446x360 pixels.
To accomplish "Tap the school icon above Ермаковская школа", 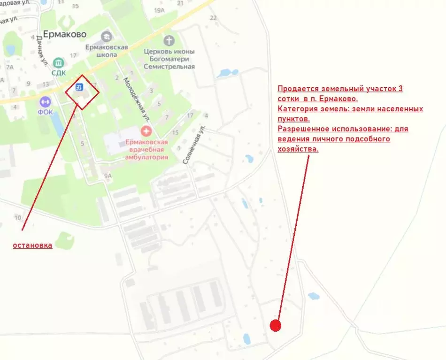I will (x=107, y=36).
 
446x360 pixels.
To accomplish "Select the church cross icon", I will (x=169, y=40).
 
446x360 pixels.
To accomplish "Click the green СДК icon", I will (x=59, y=62).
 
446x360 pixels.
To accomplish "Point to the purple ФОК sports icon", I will (x=45, y=101).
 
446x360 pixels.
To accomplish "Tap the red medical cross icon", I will (x=146, y=131).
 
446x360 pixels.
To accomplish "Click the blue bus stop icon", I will (x=80, y=87).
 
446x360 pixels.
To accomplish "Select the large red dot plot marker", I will (x=276, y=325).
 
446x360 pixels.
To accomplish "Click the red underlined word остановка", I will (x=32, y=245).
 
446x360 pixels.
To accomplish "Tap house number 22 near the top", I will (x=214, y=18).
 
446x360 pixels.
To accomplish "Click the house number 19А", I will (x=160, y=10).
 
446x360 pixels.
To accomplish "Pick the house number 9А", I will (x=108, y=176).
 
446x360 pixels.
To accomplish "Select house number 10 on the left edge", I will (x=18, y=217).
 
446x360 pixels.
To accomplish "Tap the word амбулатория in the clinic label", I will (x=146, y=157).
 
